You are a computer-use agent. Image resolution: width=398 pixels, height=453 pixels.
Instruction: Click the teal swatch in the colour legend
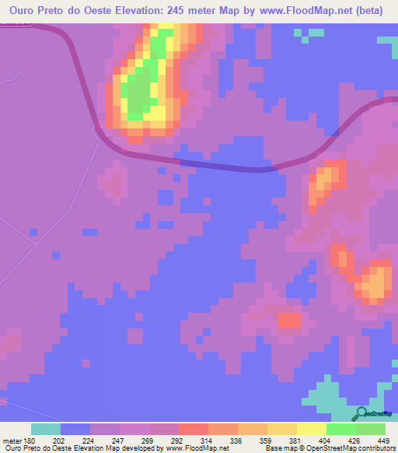[x=45, y=429]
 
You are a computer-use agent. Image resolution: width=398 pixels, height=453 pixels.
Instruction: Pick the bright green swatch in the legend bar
[x=340, y=429]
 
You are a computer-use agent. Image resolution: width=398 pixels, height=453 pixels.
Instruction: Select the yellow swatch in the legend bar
[x=311, y=429]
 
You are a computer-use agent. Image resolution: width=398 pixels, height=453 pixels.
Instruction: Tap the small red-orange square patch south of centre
[x=289, y=320]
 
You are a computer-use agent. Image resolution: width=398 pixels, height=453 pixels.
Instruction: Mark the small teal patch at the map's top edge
[x=309, y=33]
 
